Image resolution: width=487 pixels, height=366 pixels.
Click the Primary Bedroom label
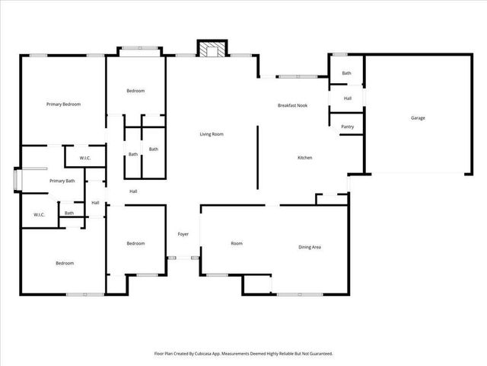coord(63,104)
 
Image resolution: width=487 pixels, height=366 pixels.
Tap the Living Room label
coord(212,134)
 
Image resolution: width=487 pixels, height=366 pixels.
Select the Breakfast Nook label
coord(292,105)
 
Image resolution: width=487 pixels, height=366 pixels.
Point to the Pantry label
coord(347,127)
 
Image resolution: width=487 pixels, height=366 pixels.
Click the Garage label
coord(418,118)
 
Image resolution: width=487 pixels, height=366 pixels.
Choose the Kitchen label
coord(304,158)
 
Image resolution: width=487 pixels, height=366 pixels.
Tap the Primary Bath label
coord(62,181)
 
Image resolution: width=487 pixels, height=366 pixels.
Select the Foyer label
coord(183,233)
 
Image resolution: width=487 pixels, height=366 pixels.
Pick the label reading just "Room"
coord(237,243)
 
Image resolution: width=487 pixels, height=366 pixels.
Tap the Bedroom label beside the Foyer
coord(135,243)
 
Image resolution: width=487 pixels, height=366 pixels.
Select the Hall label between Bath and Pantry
coord(347,98)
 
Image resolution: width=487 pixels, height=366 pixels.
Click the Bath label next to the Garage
coord(346,73)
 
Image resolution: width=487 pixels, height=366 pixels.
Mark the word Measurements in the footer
coord(253,354)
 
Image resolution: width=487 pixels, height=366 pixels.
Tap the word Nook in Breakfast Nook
coord(301,105)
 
